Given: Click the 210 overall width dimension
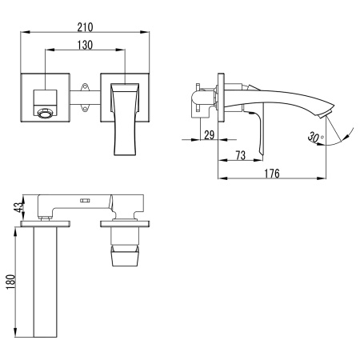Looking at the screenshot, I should tap(84, 25).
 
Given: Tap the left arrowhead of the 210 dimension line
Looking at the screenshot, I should tap(22, 33).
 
